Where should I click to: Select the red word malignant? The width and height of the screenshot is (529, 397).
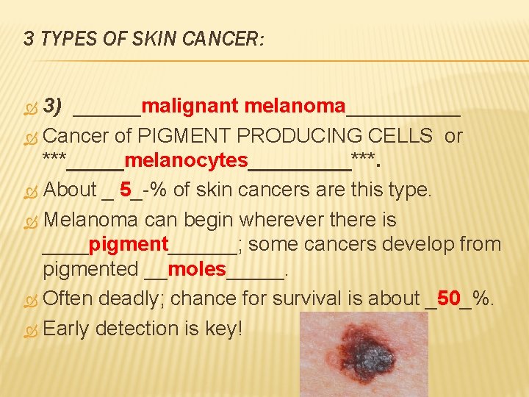click(190, 107)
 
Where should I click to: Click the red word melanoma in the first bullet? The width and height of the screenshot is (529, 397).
click(294, 107)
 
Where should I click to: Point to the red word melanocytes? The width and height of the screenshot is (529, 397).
click(186, 160)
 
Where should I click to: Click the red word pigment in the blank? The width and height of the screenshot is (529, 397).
click(128, 244)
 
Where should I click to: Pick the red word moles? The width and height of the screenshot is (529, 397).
click(197, 269)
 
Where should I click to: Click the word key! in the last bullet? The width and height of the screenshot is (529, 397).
click(220, 329)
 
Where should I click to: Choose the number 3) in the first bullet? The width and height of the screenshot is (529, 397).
click(51, 107)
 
